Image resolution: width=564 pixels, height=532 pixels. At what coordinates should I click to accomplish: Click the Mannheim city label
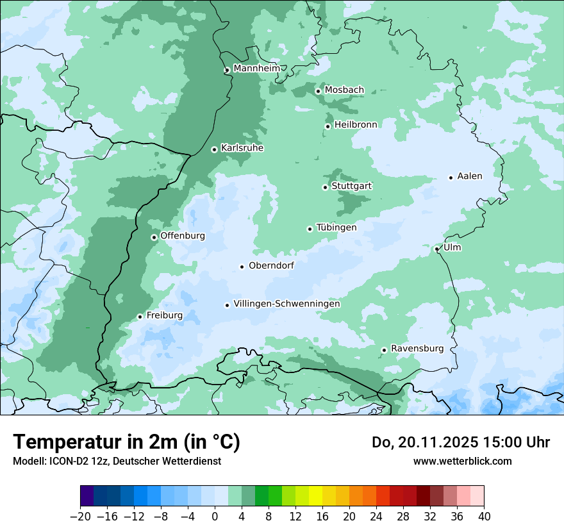[x=256, y=69]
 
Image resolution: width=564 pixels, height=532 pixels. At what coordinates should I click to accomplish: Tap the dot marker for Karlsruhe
[x=215, y=149]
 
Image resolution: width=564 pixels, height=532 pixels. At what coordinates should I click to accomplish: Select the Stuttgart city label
[x=351, y=187]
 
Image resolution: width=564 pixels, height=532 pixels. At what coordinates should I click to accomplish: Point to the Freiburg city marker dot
[x=140, y=317]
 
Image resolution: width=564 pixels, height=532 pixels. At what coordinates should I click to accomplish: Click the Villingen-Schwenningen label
[x=286, y=304]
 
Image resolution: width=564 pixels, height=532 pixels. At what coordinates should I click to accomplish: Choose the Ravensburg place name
[x=417, y=349]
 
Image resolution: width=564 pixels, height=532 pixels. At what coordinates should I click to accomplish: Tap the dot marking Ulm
[x=436, y=249]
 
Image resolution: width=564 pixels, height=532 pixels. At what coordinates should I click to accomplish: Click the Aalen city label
[x=470, y=176]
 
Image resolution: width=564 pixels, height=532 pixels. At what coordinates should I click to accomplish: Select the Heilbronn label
[x=356, y=125]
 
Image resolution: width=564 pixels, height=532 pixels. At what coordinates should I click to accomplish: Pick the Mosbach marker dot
[x=318, y=91]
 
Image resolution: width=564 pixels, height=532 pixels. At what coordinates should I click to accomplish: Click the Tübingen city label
[x=336, y=228]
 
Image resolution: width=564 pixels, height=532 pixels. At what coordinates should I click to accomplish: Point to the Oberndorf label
[x=271, y=265]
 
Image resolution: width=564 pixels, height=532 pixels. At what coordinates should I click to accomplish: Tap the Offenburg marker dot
[x=154, y=237]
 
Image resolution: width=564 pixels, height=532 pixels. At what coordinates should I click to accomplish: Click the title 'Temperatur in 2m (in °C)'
[x=126, y=442]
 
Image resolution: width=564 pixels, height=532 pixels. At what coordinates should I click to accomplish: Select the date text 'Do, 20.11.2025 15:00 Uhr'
[x=461, y=442]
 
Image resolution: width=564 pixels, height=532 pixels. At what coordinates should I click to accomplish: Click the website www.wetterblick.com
[x=462, y=461]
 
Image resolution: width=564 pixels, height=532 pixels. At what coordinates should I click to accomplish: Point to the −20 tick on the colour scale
[x=80, y=516]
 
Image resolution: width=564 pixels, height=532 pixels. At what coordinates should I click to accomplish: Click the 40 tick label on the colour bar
[x=484, y=516]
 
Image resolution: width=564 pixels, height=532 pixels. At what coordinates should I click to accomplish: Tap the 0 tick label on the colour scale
[x=215, y=516]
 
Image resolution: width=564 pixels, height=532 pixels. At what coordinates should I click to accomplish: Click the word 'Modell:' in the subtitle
[x=28, y=461]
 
